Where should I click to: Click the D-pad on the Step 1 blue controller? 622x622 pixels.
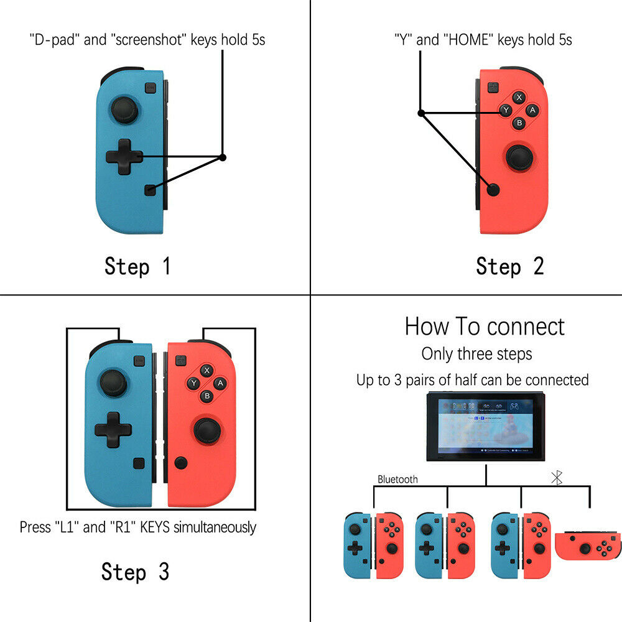pos(124,157)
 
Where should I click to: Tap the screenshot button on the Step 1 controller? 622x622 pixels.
pos(150,190)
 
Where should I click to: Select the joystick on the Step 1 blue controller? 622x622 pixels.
pos(123,110)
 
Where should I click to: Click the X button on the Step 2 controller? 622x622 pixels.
pos(519,98)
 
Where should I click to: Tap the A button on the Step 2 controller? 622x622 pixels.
pos(532,110)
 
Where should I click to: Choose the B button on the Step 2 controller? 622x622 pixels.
pos(519,123)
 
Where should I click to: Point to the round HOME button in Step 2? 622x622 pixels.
pos(494,190)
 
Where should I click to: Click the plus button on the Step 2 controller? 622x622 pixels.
pos(493,88)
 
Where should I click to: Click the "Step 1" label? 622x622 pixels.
pos(137,267)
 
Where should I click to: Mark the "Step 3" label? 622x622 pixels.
pos(135,572)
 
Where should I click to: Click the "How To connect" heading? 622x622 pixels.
pos(485,327)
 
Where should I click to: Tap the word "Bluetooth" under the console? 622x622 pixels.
pos(398,480)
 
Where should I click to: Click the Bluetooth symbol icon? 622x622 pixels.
pos(558,478)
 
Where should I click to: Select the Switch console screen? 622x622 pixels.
pos(485,427)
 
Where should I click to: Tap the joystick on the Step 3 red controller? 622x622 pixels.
pos(206,430)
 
